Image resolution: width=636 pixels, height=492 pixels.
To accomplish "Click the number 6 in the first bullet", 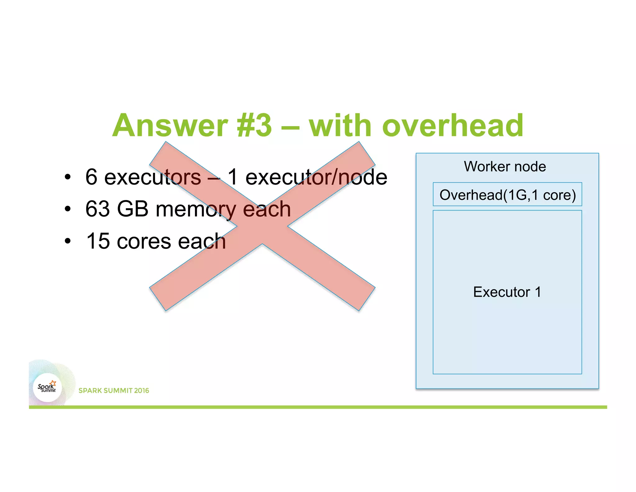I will [91, 177].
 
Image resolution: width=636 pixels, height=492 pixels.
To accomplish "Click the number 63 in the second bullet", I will [98, 209].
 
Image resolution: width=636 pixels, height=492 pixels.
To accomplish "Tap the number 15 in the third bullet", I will [98, 241].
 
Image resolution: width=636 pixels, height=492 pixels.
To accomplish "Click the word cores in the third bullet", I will [144, 242].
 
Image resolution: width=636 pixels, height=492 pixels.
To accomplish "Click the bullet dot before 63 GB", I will [68, 209].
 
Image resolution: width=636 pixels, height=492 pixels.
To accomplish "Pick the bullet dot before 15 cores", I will [68, 241].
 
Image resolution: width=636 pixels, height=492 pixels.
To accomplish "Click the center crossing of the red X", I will [262, 226].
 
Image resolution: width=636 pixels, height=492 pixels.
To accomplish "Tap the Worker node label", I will [505, 167].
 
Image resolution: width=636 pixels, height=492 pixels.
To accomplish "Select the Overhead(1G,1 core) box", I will [507, 195].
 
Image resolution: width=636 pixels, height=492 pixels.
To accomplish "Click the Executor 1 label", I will [507, 292].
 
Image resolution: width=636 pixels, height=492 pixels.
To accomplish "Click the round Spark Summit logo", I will [47, 388].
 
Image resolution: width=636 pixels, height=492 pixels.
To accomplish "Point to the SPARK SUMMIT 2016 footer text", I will [114, 391].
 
